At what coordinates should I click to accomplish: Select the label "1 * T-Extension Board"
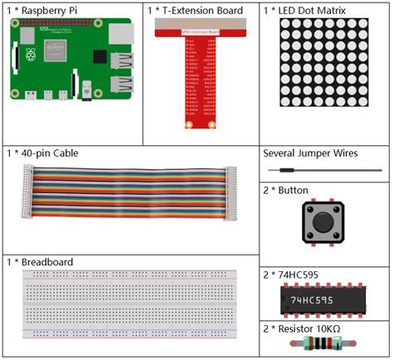point(196,11)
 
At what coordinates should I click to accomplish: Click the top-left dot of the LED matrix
point(284,24)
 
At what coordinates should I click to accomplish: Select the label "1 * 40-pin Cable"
point(43,153)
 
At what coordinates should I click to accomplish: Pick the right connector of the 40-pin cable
point(231,192)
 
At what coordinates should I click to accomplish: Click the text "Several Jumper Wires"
point(310,153)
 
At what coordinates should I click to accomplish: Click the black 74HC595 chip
point(323,299)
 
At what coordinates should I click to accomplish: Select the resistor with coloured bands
point(323,346)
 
